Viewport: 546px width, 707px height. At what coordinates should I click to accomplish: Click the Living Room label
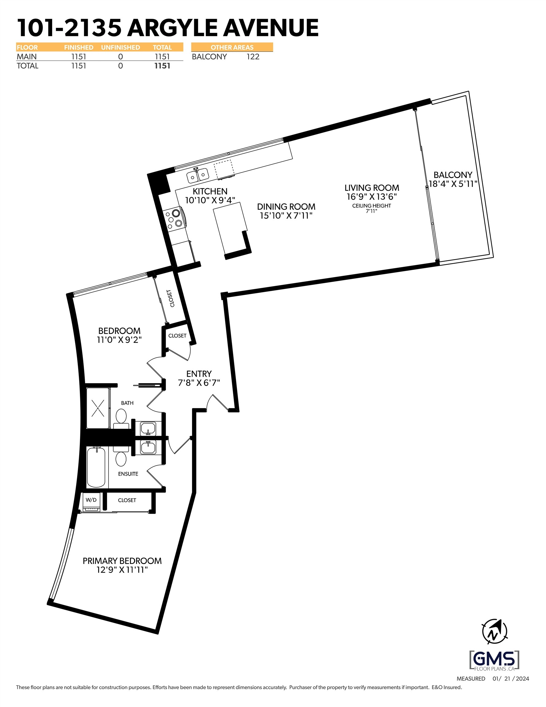[371, 188]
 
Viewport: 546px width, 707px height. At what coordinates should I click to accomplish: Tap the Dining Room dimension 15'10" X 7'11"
[286, 216]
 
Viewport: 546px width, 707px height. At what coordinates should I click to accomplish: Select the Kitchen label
[210, 191]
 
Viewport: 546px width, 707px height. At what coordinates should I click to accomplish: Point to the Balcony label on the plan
[453, 175]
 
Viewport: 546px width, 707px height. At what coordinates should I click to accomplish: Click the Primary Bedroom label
[122, 561]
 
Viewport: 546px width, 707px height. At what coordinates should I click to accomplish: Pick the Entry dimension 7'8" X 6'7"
[199, 383]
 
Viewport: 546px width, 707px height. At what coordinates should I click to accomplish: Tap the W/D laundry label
[91, 500]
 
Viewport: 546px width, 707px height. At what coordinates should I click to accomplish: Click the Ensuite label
[128, 474]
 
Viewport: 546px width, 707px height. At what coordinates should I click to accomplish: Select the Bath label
[127, 403]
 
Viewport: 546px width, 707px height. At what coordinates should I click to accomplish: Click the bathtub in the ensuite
[96, 467]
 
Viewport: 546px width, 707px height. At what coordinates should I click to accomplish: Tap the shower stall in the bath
[98, 408]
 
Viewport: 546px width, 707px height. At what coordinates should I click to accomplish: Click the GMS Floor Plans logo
[494, 660]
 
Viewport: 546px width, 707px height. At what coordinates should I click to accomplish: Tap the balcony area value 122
[253, 57]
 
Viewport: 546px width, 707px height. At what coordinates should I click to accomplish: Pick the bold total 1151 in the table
[162, 66]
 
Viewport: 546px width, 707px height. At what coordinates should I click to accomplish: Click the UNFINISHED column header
[121, 48]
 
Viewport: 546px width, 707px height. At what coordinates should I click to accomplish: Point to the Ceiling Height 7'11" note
[371, 208]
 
